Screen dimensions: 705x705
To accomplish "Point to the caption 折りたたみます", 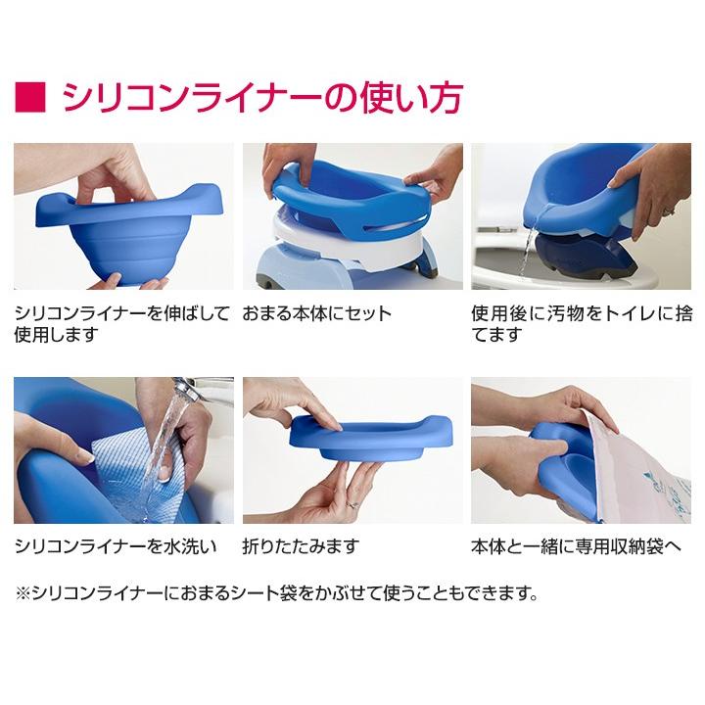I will [x=301, y=545].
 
